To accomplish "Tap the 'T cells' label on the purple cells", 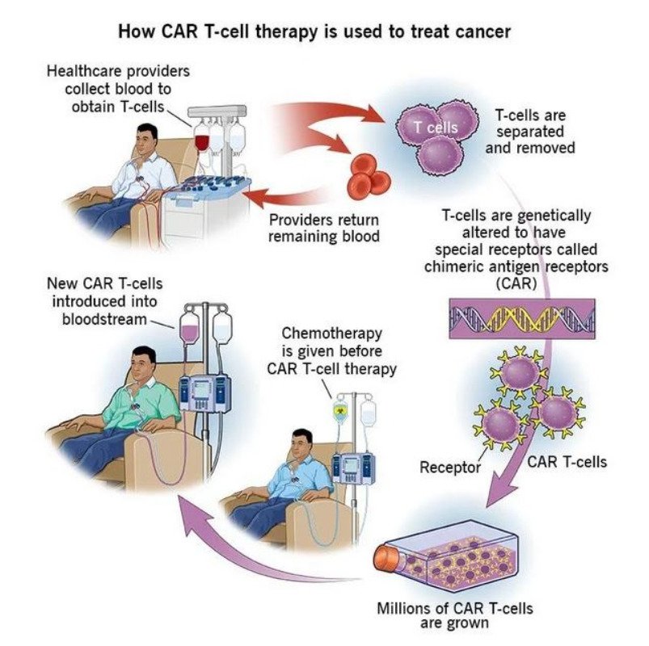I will click(436, 127).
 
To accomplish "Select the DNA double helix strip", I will click(520, 317).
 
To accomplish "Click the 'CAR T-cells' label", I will click(567, 462).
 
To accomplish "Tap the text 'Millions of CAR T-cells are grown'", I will click(455, 615).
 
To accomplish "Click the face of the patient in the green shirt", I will click(143, 365).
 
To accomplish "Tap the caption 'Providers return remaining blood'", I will click(323, 229).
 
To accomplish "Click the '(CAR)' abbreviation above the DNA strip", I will click(520, 283).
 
